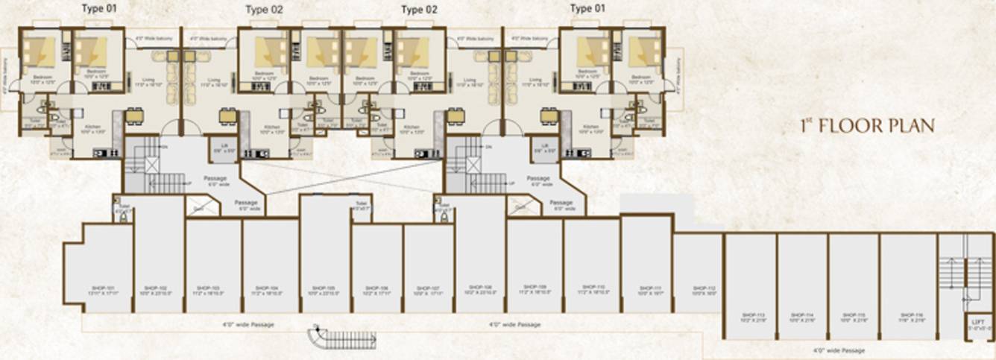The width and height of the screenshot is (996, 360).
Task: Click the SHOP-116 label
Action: [x=907, y=315]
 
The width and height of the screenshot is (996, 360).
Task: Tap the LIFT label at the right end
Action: [x=979, y=322]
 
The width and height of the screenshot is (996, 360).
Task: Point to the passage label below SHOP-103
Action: [x=248, y=325]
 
